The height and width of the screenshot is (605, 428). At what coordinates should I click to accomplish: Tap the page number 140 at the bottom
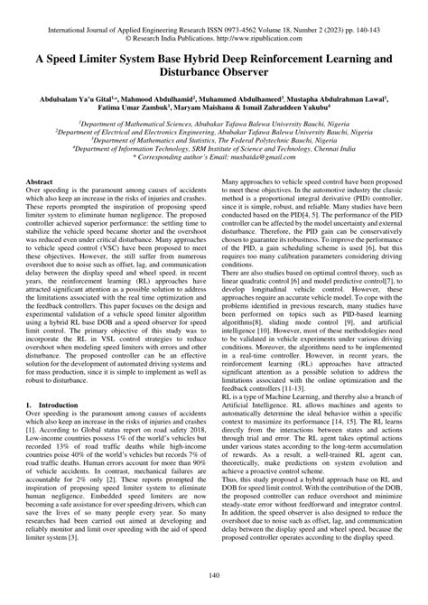(x=214, y=575)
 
